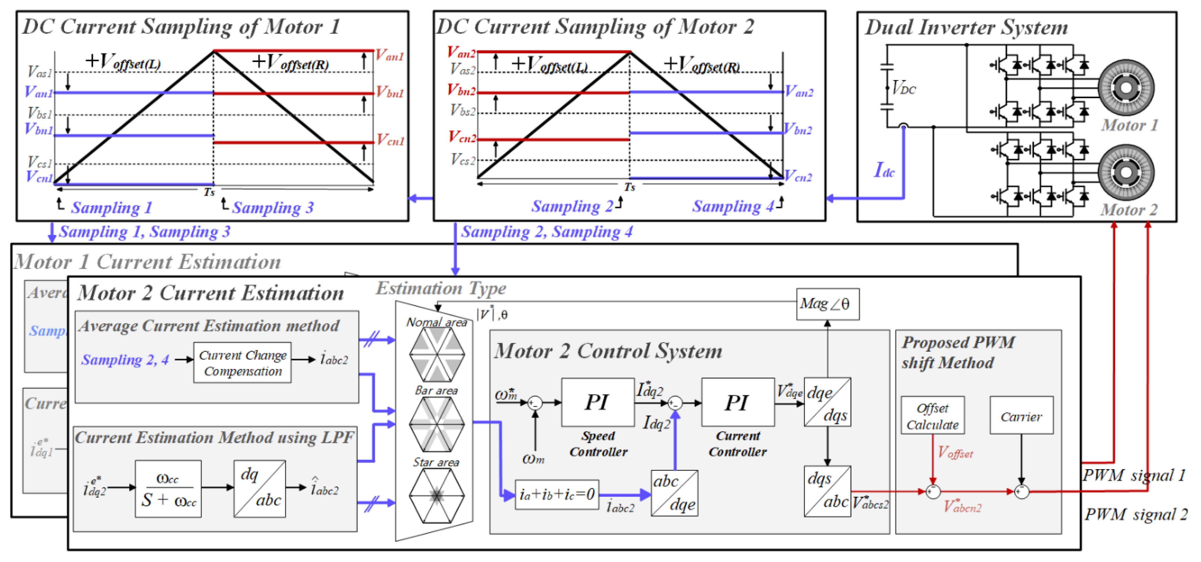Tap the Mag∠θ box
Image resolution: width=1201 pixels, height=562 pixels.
[x=827, y=304]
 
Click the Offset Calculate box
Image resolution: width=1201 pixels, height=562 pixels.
[x=933, y=416]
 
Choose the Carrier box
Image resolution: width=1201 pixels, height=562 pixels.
[x=1021, y=416]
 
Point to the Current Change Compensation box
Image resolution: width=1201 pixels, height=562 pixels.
[x=243, y=363]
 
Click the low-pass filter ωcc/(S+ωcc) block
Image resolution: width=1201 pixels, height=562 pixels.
[x=168, y=489]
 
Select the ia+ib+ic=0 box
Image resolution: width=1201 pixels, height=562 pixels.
[x=557, y=494]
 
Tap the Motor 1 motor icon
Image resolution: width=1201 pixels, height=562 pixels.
[x=1126, y=88]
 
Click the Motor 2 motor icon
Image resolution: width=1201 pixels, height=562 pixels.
[x=1126, y=172]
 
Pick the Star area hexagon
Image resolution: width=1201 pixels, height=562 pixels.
[x=437, y=495]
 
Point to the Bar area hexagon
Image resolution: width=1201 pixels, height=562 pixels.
[x=437, y=424]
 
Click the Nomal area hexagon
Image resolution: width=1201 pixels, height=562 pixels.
[x=437, y=354]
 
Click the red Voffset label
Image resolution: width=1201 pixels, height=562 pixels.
[x=955, y=452]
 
